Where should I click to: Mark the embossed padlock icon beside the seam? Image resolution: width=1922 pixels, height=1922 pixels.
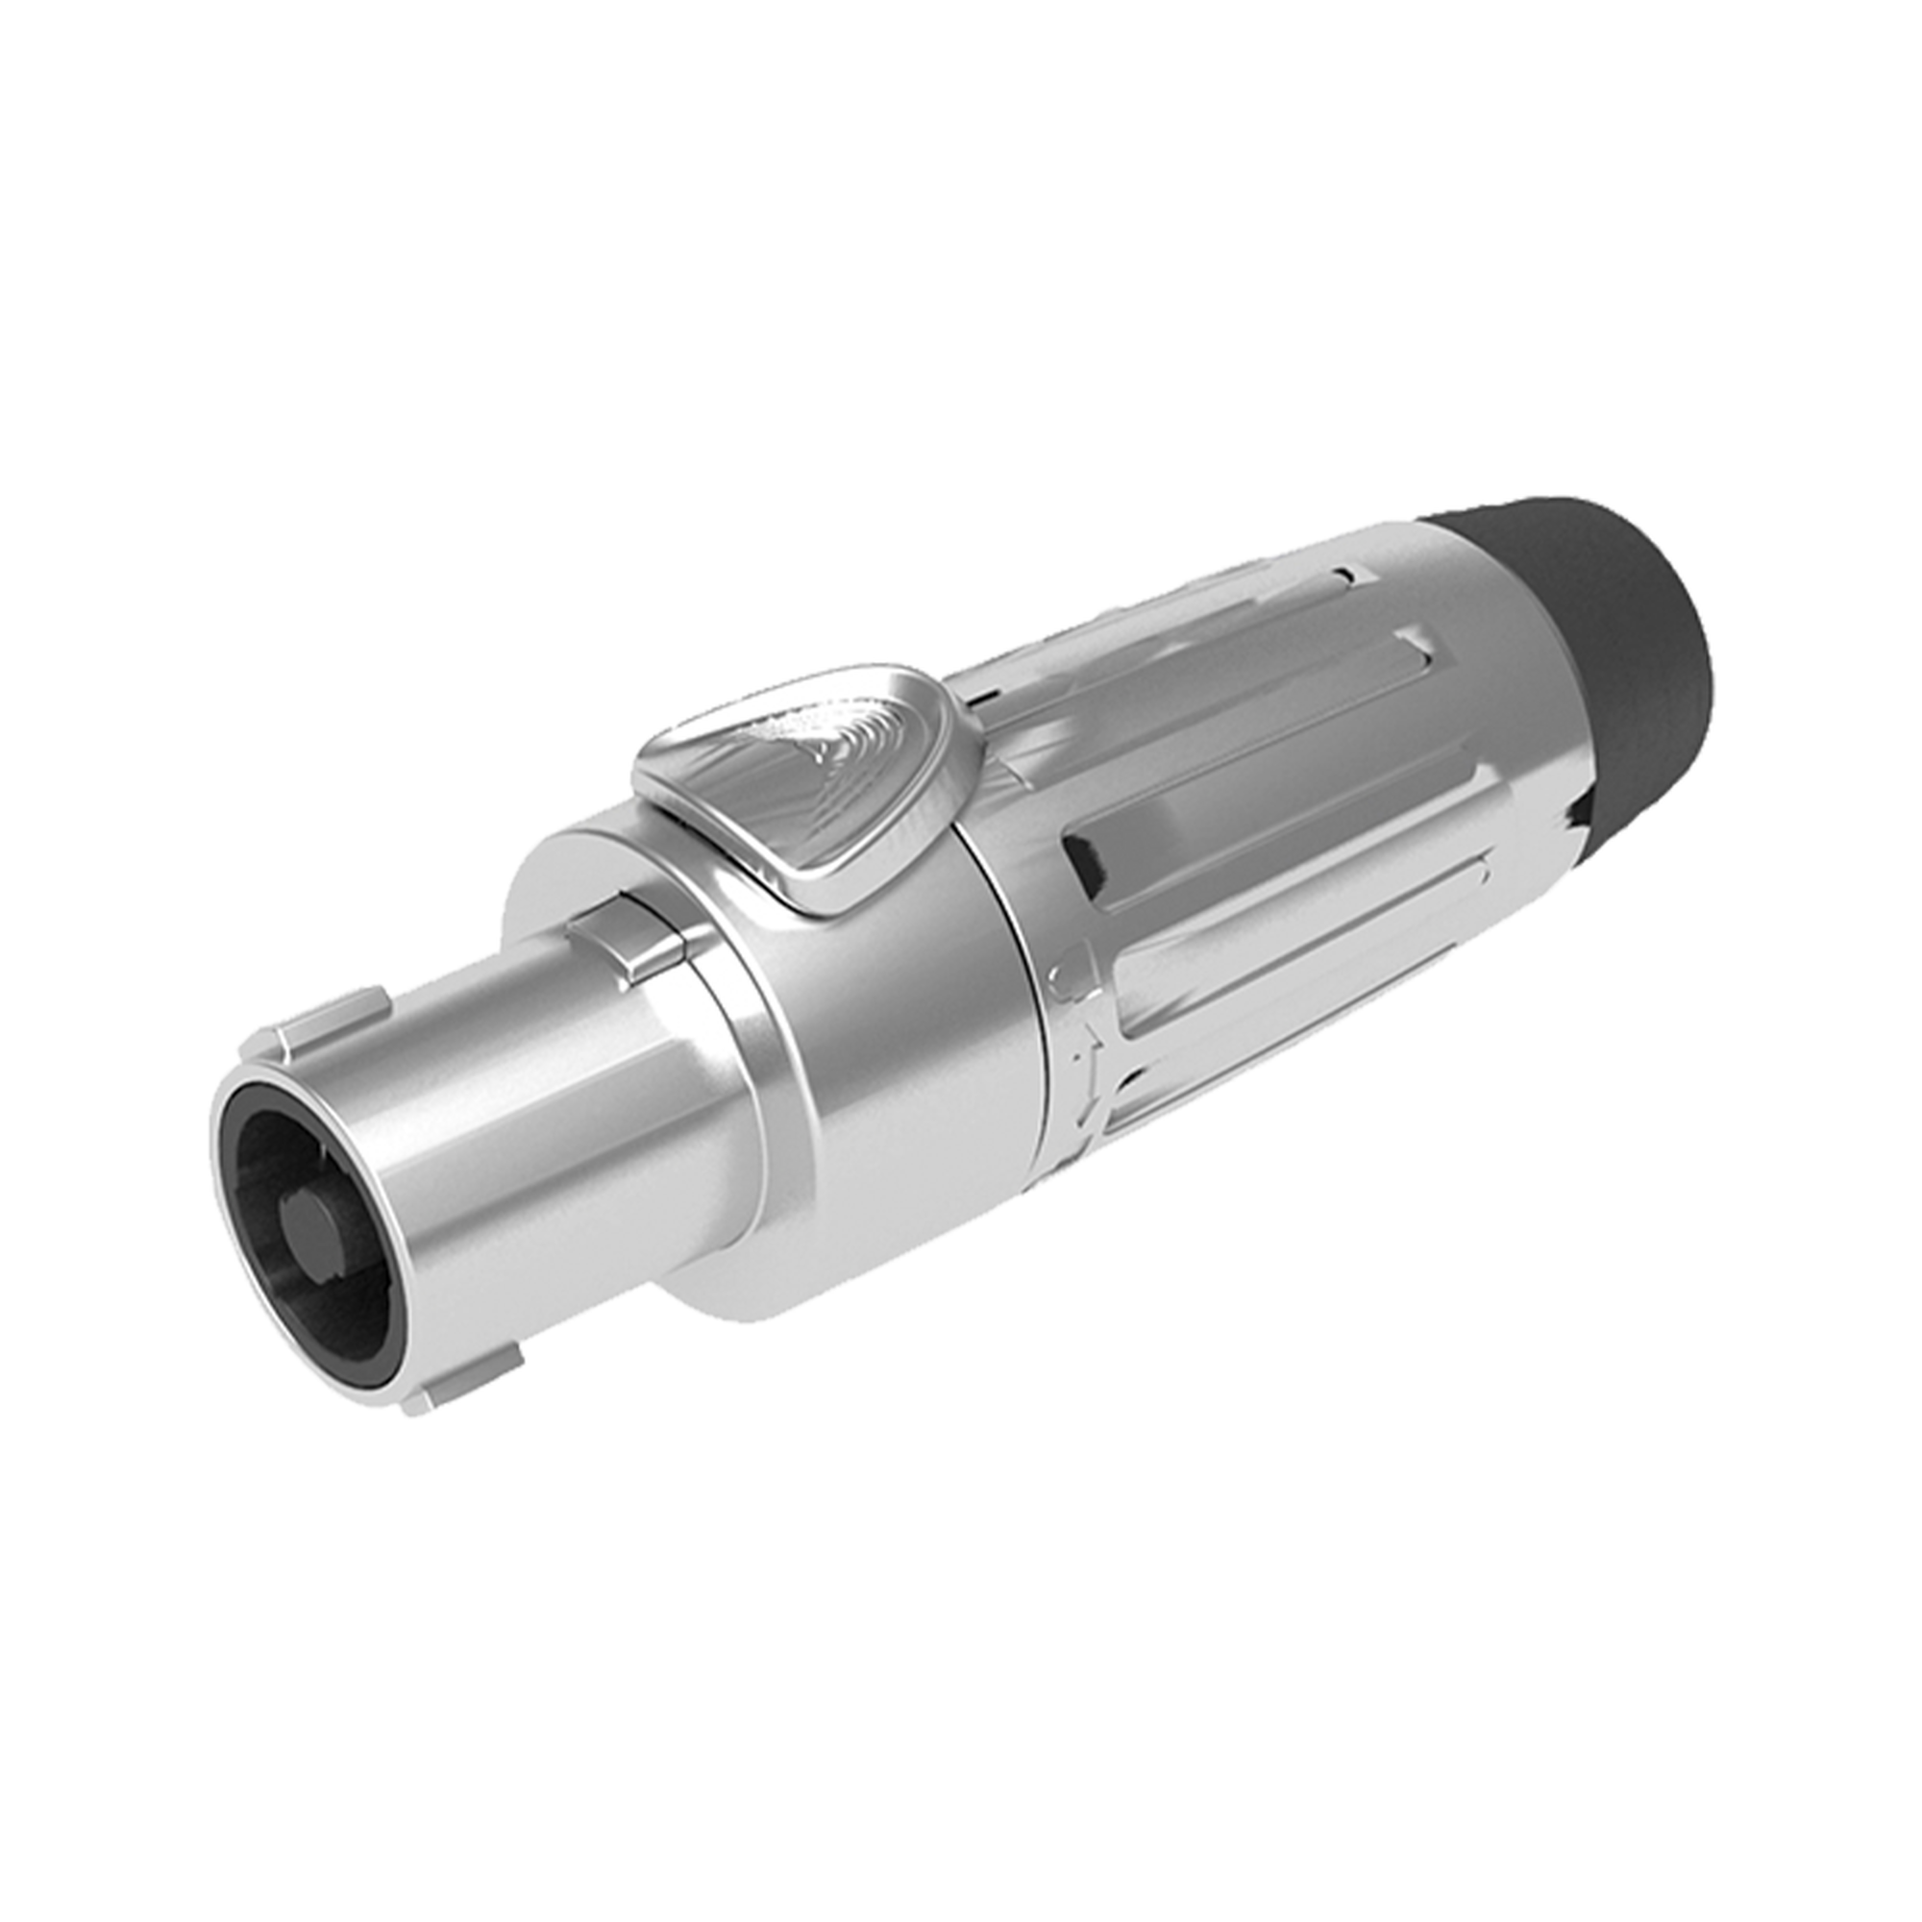1071,970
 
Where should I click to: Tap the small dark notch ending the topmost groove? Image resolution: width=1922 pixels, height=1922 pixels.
1345,574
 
